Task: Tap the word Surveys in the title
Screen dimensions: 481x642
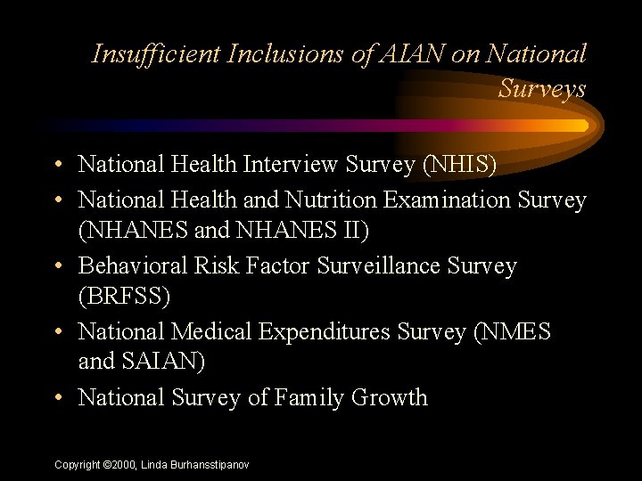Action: [542, 89]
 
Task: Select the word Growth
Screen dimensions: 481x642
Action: [391, 398]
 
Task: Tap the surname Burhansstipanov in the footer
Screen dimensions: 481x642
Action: [208, 465]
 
